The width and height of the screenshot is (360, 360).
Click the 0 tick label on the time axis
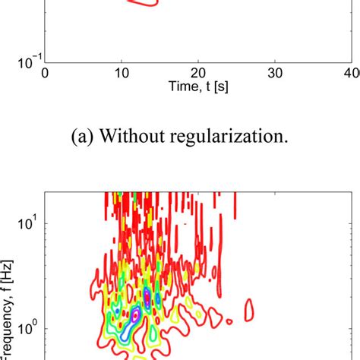pos(46,74)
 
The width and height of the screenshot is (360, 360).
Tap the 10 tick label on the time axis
pos(121,74)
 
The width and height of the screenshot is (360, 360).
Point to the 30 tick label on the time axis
pos(275,74)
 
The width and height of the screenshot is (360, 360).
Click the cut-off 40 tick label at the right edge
pos(352,74)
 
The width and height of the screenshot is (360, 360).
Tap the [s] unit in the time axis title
pos(223,87)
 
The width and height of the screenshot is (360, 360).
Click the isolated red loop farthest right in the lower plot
pos(248,309)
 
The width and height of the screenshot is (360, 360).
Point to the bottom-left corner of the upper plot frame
pos(46,62)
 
